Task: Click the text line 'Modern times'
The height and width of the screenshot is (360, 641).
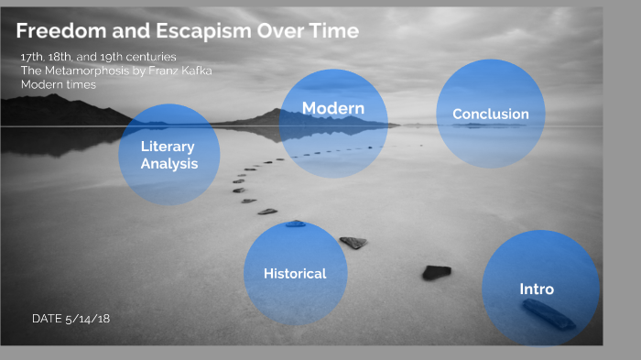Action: tap(59, 84)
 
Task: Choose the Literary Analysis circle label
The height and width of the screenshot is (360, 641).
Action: tap(168, 155)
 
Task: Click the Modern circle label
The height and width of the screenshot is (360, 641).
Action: tap(333, 109)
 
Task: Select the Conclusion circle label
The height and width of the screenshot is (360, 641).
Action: tap(491, 115)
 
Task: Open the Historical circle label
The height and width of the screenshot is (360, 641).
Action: tap(295, 273)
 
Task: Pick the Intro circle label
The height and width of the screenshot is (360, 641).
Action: tap(537, 289)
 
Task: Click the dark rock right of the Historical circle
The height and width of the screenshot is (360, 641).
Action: tap(436, 272)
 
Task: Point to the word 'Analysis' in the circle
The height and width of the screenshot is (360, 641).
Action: tap(168, 164)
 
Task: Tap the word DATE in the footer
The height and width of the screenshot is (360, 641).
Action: tap(47, 319)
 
